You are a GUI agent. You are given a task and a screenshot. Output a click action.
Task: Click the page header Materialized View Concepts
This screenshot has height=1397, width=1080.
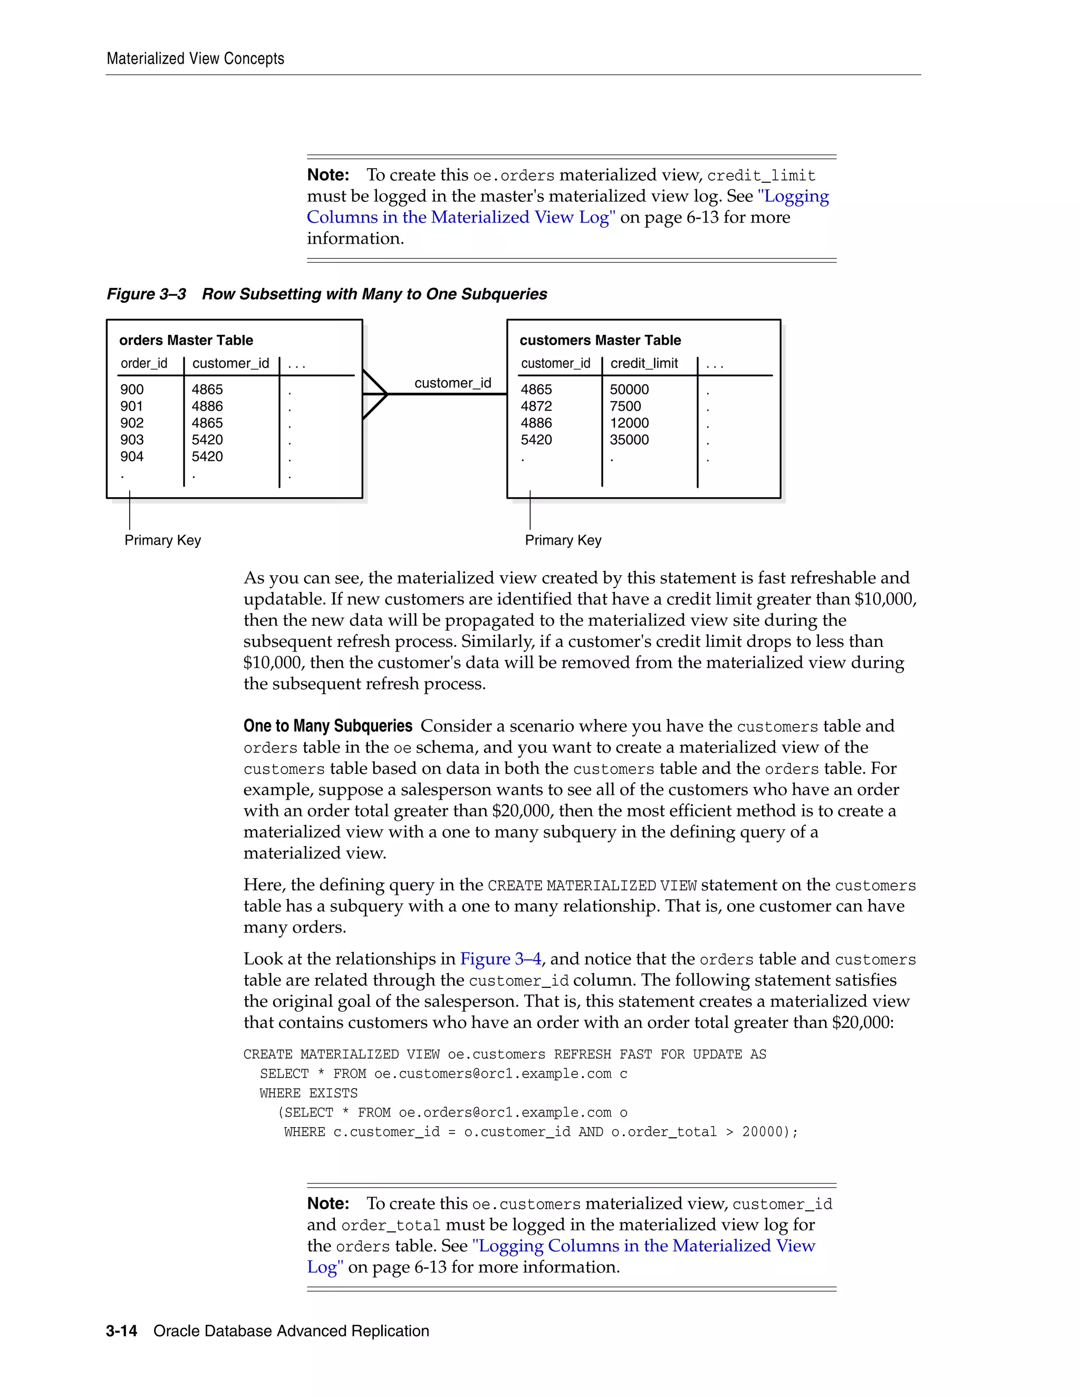[x=195, y=59]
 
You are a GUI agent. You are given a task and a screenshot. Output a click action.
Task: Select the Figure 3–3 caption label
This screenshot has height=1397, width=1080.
[x=147, y=294]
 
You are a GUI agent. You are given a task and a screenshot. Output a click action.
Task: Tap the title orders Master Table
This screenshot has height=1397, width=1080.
[x=186, y=341]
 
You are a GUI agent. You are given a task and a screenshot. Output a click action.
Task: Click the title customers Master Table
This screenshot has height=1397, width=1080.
[x=600, y=341]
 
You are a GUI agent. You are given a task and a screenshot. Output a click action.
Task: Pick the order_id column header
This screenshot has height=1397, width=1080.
[x=144, y=363]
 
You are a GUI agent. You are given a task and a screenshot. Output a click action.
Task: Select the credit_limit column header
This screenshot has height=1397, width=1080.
[x=644, y=363]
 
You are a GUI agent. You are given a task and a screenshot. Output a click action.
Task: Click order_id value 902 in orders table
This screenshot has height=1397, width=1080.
[x=132, y=423]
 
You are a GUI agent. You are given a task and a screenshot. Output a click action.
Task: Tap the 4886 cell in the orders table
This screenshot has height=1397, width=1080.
[x=207, y=406]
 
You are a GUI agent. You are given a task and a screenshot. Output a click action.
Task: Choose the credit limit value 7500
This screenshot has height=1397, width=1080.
[x=625, y=406]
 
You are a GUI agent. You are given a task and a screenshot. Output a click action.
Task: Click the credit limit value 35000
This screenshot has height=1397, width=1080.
[x=629, y=440]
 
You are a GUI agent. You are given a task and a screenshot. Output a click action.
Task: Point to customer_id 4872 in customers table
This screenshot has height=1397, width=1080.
[x=536, y=406]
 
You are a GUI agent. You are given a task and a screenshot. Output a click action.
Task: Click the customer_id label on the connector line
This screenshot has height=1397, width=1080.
[x=452, y=383]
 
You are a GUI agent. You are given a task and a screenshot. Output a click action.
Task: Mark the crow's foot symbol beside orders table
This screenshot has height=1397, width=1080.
[x=375, y=394]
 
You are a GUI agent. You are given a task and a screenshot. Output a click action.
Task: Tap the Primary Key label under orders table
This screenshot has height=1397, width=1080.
[x=162, y=540]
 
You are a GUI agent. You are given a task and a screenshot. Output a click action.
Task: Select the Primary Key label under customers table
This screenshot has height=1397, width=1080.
[x=563, y=540]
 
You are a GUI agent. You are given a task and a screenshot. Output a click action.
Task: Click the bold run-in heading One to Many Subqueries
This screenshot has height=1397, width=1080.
[x=327, y=726]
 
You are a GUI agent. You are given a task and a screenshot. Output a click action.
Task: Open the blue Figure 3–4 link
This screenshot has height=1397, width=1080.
[x=500, y=959]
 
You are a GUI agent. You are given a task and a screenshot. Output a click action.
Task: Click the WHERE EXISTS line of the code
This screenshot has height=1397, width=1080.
[x=308, y=1093]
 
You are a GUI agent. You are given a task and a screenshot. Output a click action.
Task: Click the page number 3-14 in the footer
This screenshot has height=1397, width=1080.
[x=122, y=1331]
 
